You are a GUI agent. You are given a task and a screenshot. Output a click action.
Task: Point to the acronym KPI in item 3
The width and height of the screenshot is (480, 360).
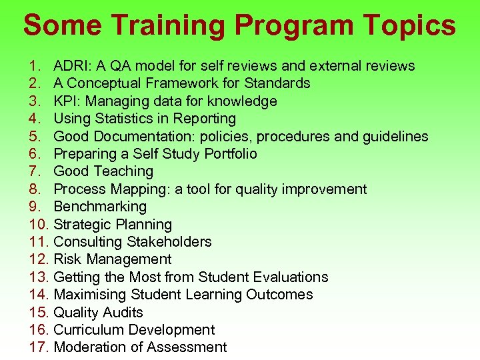pyautogui.click(x=65, y=101)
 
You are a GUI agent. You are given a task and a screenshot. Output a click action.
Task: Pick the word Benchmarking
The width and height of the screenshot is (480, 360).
pyautogui.click(x=100, y=207)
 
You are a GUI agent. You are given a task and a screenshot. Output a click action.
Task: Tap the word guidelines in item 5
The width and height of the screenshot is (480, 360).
pyautogui.click(x=393, y=137)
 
